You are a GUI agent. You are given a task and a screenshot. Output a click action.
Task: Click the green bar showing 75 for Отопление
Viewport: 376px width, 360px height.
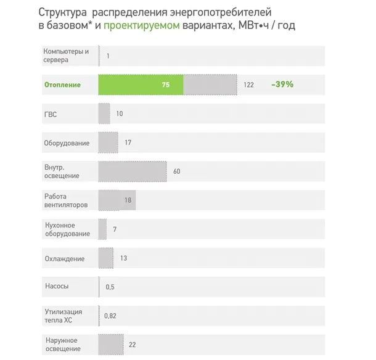click(141, 84)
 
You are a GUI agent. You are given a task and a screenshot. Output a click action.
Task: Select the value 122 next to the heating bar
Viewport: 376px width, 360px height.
click(248, 84)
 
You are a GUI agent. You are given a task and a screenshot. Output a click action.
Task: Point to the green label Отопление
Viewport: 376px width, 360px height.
click(62, 84)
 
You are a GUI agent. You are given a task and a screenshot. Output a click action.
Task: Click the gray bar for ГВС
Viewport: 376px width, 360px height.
click(104, 113)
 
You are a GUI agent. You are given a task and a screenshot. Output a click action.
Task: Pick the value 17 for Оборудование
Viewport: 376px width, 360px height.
click(128, 142)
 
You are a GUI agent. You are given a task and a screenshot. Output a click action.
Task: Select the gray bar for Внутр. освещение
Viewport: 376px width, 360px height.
click(132, 171)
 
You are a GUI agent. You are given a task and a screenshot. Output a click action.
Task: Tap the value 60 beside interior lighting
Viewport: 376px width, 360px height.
click(176, 171)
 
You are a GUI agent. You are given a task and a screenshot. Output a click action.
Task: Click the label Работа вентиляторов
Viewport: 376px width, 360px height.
click(66, 200)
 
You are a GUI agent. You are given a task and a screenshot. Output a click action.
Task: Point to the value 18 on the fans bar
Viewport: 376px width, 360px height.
click(128, 200)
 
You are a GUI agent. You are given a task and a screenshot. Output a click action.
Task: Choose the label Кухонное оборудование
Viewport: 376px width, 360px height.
click(68, 229)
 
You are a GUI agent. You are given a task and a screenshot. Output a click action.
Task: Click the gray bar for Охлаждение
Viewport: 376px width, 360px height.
click(105, 258)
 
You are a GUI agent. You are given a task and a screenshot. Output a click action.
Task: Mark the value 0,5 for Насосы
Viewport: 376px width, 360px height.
click(110, 287)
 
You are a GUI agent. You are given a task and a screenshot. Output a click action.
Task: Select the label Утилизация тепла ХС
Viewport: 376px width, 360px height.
click(63, 316)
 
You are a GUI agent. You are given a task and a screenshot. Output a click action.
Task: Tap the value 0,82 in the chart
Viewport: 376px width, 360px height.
click(110, 316)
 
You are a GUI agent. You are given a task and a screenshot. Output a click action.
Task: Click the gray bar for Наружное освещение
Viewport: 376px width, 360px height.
click(110, 344)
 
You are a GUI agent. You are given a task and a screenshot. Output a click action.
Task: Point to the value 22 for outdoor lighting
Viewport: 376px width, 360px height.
click(132, 344)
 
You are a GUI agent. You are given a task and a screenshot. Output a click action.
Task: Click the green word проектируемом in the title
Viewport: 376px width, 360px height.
click(142, 26)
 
